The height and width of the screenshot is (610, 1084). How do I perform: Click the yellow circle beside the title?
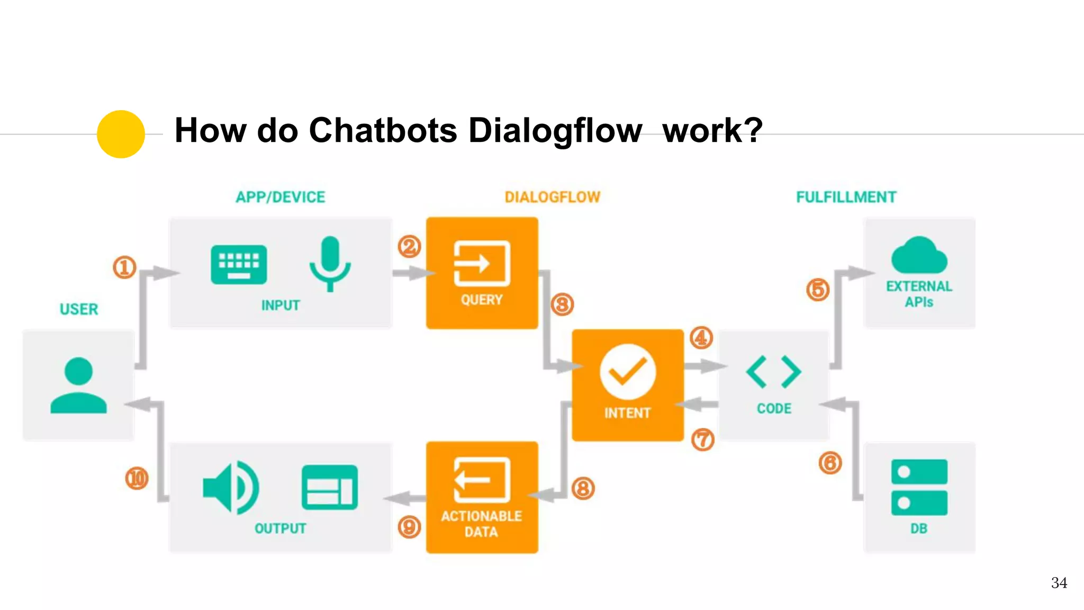click(121, 134)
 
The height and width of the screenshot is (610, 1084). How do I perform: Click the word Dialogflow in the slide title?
click(555, 130)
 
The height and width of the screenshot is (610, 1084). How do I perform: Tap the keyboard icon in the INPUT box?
click(239, 265)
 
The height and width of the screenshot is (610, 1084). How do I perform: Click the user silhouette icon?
click(78, 385)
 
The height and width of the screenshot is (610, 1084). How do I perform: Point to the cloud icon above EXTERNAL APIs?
click(919, 256)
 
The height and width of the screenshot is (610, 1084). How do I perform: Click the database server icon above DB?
click(919, 487)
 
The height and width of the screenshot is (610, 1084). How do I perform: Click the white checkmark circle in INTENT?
click(628, 372)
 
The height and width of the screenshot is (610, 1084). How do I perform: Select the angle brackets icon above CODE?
click(773, 372)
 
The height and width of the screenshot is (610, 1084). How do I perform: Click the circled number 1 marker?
click(125, 267)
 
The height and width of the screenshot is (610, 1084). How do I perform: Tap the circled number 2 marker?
click(409, 247)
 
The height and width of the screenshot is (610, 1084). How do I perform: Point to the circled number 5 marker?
click(818, 290)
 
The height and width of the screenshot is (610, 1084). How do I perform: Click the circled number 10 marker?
click(137, 479)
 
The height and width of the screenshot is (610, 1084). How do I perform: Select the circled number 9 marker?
click(409, 527)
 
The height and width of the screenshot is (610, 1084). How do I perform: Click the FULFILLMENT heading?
click(846, 198)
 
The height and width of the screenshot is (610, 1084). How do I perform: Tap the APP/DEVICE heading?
click(280, 198)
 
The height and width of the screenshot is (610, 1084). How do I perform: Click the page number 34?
click(1059, 583)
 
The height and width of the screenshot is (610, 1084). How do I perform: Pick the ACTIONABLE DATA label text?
click(481, 524)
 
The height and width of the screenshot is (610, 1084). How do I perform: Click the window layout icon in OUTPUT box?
click(329, 488)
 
